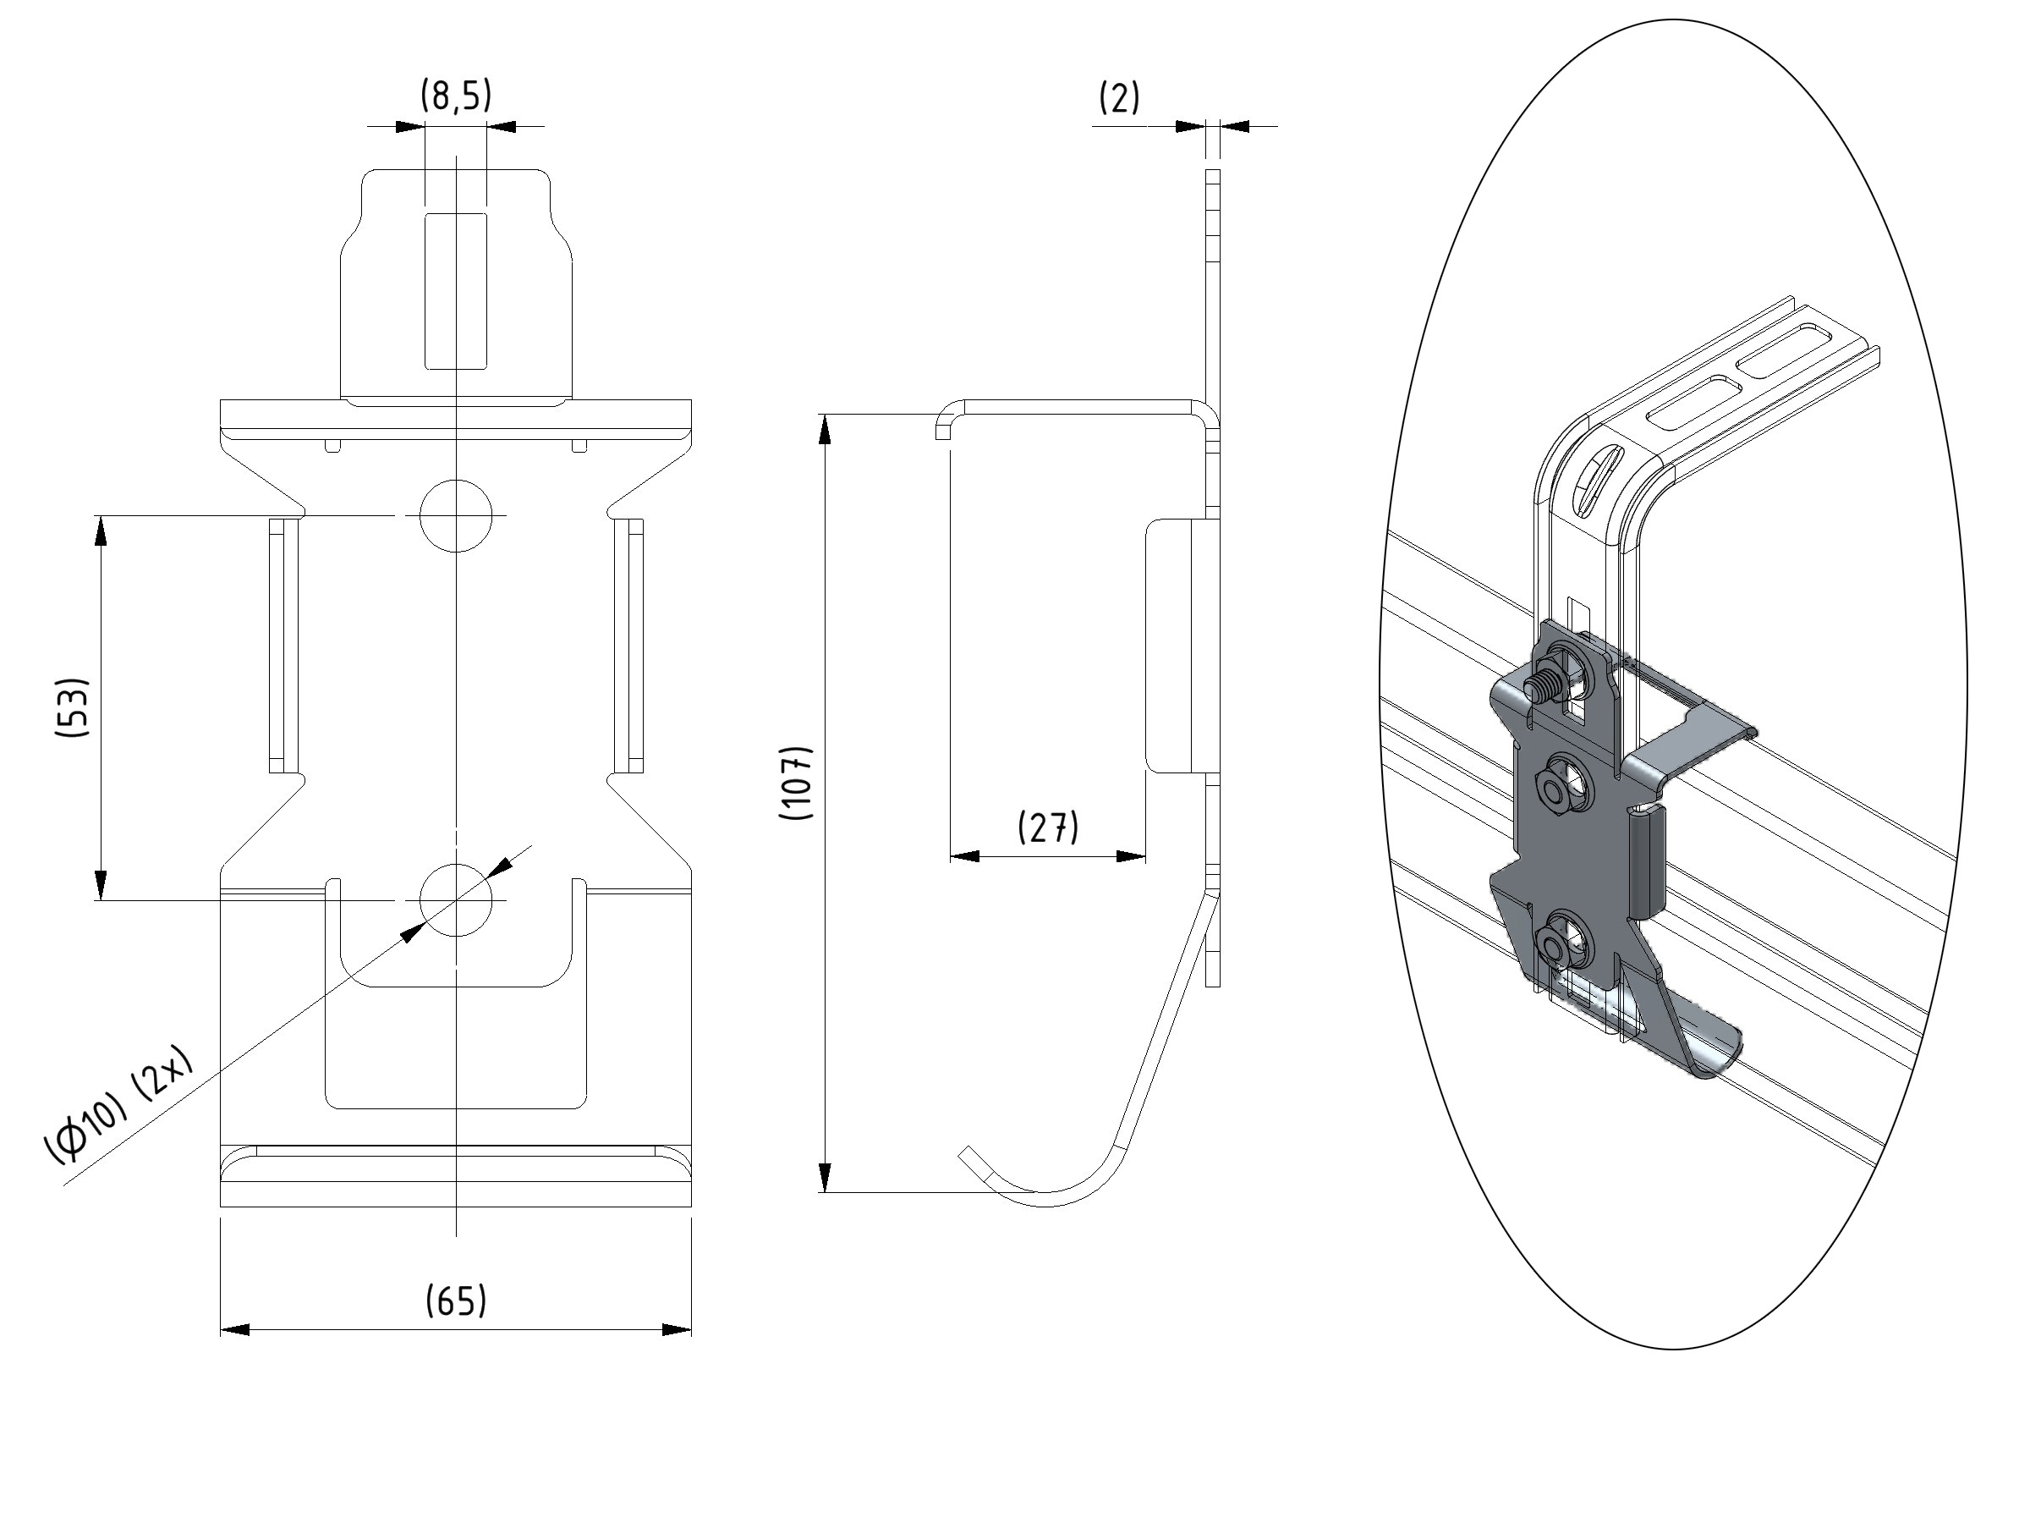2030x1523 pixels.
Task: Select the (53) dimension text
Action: click(x=72, y=708)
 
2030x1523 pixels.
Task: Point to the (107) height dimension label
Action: click(x=796, y=782)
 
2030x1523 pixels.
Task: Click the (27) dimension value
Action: click(x=1048, y=827)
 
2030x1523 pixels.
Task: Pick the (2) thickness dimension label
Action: click(x=1120, y=97)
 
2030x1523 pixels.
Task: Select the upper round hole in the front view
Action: click(x=456, y=516)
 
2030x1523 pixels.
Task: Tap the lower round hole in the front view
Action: click(x=456, y=899)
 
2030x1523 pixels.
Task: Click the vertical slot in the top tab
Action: click(x=456, y=291)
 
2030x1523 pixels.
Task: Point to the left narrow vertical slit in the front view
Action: click(x=283, y=645)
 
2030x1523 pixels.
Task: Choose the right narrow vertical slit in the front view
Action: click(x=628, y=645)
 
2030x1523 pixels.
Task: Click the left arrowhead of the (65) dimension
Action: click(x=235, y=1330)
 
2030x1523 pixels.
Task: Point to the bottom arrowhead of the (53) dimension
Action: click(x=101, y=885)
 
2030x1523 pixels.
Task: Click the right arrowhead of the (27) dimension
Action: click(x=1131, y=856)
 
